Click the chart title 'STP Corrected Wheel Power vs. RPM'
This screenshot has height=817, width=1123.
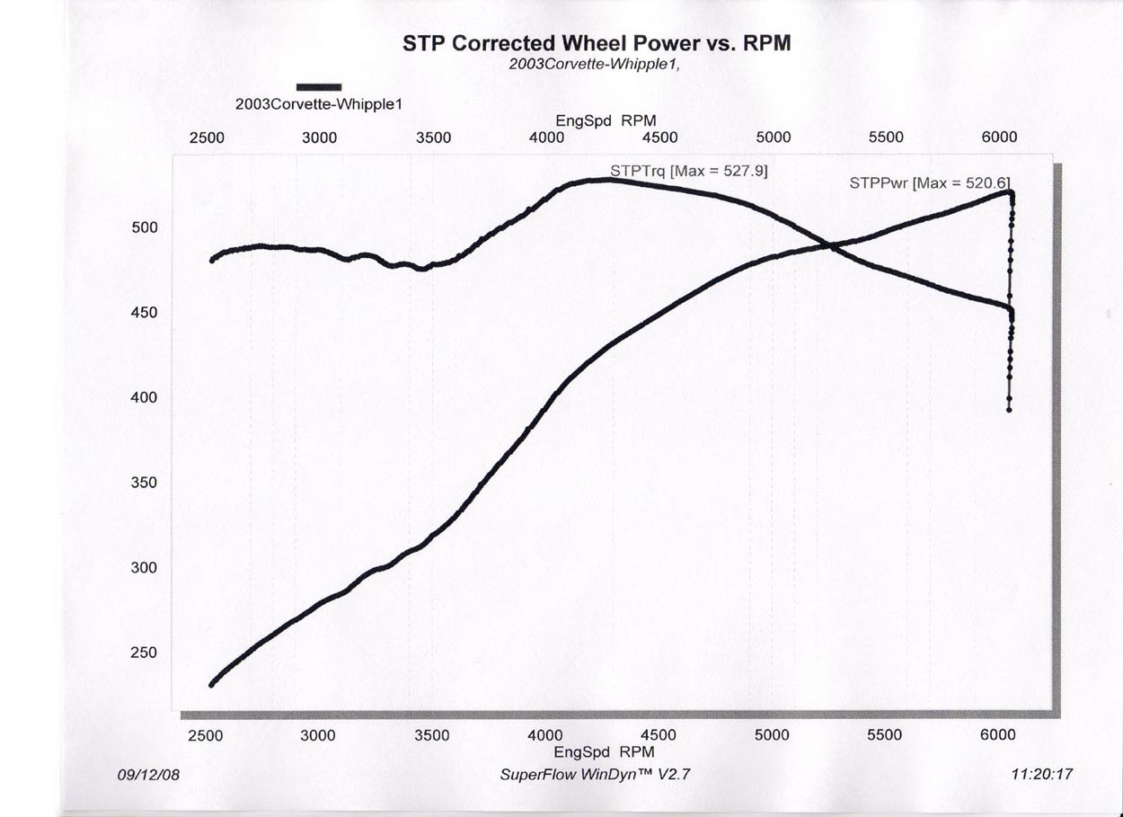(595, 44)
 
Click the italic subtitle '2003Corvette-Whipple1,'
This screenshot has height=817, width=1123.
(595, 66)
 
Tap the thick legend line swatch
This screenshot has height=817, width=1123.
(318, 86)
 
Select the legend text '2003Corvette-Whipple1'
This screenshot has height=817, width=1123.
(318, 103)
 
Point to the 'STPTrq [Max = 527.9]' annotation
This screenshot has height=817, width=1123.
(689, 170)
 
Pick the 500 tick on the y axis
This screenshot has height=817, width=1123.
(145, 228)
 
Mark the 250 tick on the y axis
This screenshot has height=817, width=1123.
(145, 653)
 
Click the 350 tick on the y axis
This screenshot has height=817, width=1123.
(145, 484)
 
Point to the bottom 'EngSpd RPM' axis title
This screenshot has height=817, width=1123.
(603, 752)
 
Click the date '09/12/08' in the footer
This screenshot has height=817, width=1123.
(148, 774)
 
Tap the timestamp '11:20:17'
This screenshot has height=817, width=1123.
(1041, 774)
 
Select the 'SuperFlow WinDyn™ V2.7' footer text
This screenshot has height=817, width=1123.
(595, 774)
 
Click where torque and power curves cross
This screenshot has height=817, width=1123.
(828, 245)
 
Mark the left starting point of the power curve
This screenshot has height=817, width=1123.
(212, 685)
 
